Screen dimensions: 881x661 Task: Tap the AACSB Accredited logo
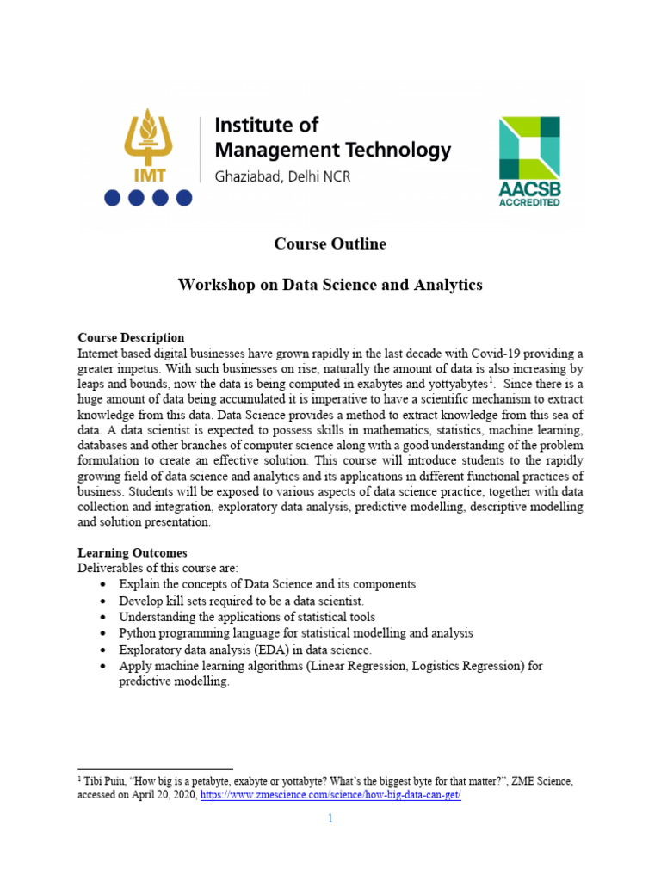[529, 161]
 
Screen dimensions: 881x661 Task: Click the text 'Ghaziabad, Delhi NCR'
[281, 176]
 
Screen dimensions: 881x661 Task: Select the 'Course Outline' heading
[330, 243]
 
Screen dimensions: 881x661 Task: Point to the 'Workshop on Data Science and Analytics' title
[330, 284]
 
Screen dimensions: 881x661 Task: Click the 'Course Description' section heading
[131, 337]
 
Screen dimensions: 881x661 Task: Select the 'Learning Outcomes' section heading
[132, 552]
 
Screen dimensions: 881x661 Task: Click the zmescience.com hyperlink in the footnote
[331, 796]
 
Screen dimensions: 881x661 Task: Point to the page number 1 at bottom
[330, 818]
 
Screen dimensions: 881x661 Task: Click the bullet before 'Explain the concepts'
[104, 585]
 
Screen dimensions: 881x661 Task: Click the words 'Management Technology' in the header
[332, 150]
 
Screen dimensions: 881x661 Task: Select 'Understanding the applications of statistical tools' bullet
[247, 617]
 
